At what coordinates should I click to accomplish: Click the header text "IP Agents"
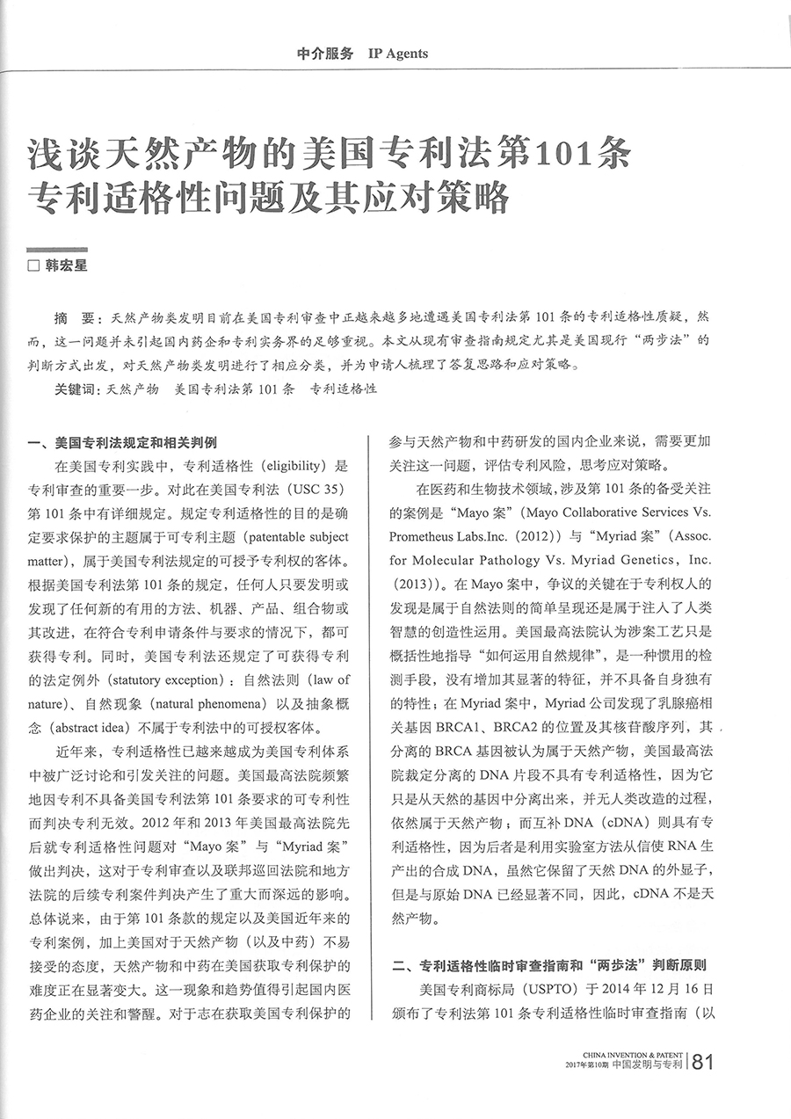coord(398,54)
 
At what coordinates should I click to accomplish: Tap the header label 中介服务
coord(325,54)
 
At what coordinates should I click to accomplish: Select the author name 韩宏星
coord(67,265)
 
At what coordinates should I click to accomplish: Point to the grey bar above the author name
coord(58,251)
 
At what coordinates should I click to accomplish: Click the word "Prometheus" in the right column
coord(425,534)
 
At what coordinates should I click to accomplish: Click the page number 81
coord(704,1062)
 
